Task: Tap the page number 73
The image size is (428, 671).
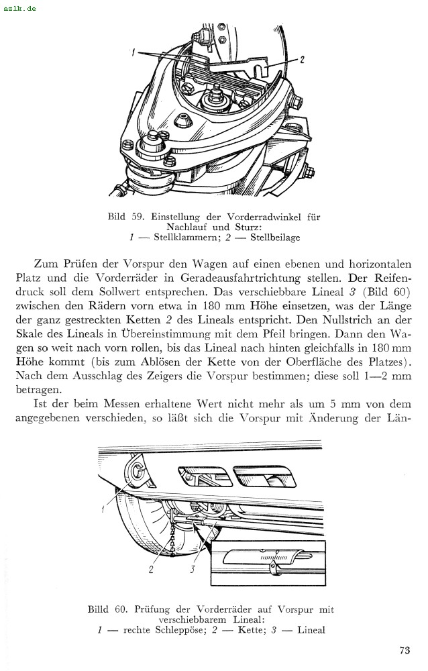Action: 404,650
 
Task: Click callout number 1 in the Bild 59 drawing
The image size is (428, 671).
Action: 135,52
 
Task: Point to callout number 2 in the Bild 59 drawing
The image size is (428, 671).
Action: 302,60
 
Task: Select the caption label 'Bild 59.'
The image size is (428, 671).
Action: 121,217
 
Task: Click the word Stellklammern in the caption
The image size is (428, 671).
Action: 180,238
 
